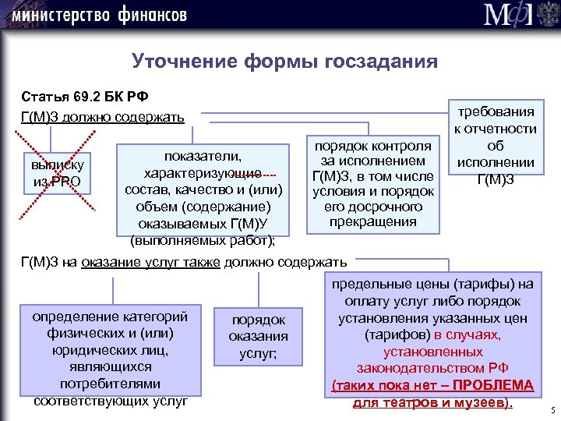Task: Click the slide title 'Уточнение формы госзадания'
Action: (284, 61)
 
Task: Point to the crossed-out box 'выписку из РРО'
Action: (58, 174)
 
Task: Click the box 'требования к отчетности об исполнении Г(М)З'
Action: (496, 146)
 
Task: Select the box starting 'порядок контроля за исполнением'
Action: (372, 184)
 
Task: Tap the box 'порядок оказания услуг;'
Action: (258, 337)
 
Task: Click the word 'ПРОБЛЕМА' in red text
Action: (495, 386)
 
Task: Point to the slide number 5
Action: (552, 410)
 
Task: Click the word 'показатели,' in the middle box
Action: (202, 156)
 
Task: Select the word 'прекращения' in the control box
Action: (372, 222)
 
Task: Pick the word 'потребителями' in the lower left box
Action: (110, 384)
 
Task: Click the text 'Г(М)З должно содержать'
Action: (102, 117)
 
